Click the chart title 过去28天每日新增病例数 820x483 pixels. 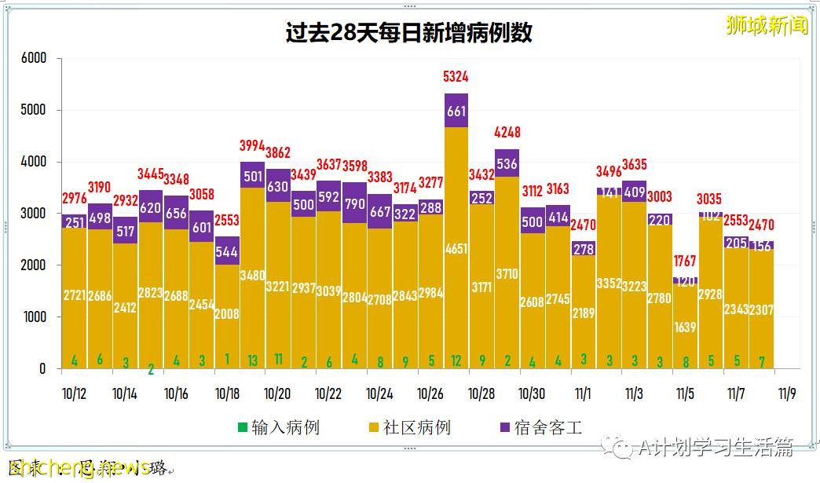click(409, 32)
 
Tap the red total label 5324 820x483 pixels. click(456, 77)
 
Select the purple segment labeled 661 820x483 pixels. click(456, 111)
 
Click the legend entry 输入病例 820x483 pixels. click(278, 428)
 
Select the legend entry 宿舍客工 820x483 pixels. click(541, 428)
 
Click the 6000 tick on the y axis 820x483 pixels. click(34, 58)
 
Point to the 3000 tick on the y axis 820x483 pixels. click(34, 214)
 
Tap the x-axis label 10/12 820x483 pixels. click(74, 393)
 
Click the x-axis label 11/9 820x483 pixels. click(785, 393)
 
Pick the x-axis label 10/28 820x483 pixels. click(481, 393)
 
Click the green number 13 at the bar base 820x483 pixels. click(253, 360)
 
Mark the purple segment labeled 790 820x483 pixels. click(354, 205)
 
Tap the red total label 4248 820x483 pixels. click(507, 132)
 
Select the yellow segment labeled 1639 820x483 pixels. click(686, 326)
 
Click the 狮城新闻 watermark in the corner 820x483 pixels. click(767, 25)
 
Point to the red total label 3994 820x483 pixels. click(253, 145)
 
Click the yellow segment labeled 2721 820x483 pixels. click(75, 297)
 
